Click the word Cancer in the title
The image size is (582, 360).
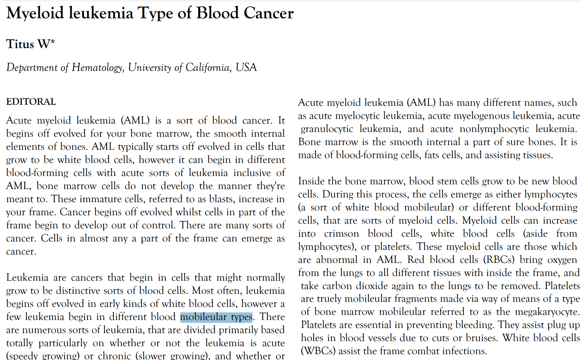268,13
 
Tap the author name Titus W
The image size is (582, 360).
30,44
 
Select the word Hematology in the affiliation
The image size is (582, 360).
97,68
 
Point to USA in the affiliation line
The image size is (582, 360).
246,68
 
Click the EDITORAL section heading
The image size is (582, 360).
31,102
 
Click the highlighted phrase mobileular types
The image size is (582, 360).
216,317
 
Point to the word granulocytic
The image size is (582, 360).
327,129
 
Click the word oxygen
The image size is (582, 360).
561,260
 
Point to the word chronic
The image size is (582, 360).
114,356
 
